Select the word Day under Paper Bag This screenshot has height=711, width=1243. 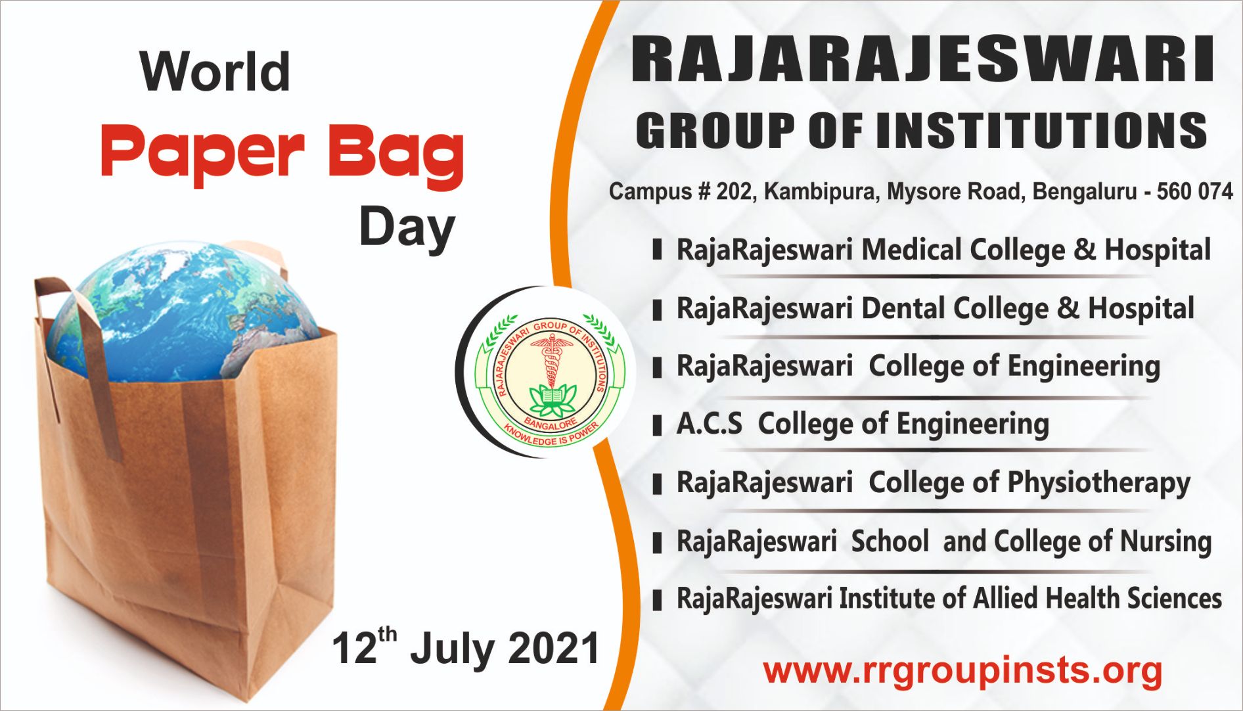click(407, 228)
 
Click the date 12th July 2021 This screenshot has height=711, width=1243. click(466, 649)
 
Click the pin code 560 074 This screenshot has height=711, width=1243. click(1194, 192)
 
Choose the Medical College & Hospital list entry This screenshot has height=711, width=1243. click(943, 250)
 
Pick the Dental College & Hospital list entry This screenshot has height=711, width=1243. click(935, 308)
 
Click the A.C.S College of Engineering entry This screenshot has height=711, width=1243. click(862, 424)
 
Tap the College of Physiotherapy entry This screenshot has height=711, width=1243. click(933, 482)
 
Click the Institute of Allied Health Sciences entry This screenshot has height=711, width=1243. click(949, 599)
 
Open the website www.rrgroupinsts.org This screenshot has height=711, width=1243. click(962, 672)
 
